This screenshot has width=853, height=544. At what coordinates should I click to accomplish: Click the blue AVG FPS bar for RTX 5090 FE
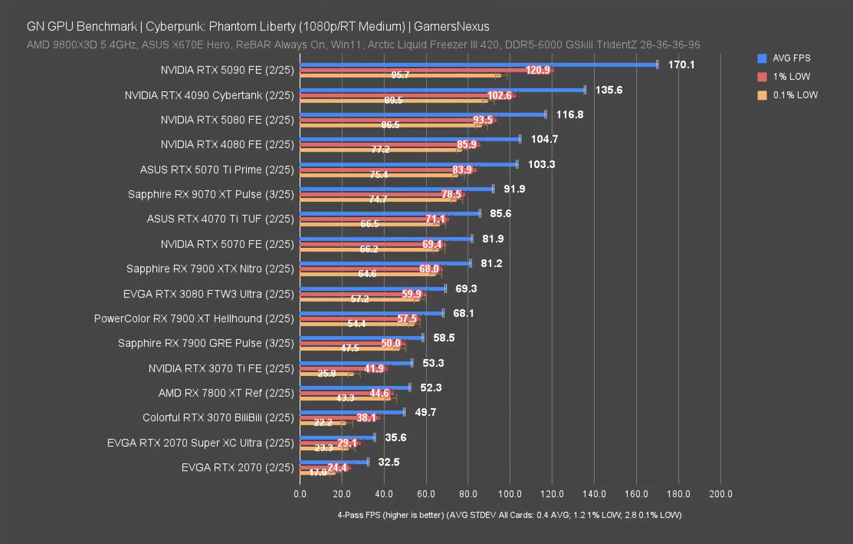477,65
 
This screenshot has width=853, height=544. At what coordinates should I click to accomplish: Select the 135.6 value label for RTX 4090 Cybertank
609,90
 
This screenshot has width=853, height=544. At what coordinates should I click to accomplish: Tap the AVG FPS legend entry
791,59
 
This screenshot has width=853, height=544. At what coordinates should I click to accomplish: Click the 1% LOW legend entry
791,77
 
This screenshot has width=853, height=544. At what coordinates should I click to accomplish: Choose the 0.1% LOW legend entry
794,95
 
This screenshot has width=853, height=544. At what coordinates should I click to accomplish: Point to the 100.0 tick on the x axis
510,494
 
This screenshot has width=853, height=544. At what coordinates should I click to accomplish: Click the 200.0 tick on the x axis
720,494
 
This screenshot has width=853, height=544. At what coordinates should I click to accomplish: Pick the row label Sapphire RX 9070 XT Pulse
211,195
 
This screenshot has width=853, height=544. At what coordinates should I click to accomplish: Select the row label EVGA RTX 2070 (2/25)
237,467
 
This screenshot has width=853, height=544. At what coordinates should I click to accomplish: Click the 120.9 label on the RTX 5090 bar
537,70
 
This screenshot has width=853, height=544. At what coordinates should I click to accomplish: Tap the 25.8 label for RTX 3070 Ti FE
327,374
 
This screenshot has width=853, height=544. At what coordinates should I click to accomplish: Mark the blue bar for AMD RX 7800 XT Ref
355,387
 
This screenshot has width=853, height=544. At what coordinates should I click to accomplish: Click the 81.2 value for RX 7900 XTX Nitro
491,264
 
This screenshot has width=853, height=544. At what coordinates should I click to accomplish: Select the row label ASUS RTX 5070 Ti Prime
217,170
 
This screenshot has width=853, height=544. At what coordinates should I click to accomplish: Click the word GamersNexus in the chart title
451,27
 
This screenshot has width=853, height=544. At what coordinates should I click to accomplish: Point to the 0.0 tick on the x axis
300,494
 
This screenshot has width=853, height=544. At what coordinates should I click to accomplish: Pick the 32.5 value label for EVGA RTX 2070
389,462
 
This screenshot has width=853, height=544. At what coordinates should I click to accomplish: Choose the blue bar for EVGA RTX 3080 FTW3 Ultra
372,288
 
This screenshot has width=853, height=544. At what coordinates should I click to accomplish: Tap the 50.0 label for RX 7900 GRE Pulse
391,343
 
